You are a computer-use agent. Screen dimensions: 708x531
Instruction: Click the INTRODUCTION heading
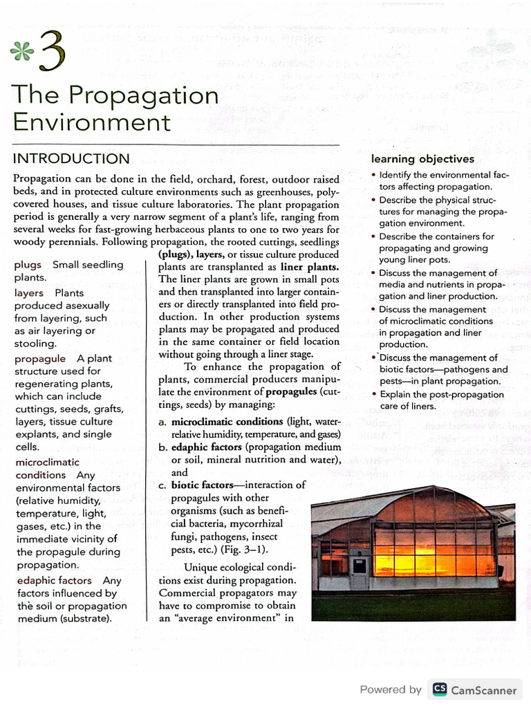tap(71, 158)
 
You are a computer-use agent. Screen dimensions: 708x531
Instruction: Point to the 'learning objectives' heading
tap(422, 159)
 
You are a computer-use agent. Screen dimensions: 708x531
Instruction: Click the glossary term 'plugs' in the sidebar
tap(28, 265)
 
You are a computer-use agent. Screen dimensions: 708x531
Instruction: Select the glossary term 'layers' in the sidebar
tap(28, 292)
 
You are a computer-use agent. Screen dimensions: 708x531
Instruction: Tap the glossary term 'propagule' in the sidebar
tap(40, 359)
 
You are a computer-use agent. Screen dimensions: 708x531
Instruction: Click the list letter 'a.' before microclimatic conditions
tap(163, 422)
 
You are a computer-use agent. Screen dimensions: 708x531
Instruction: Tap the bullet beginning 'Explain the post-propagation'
tap(373, 394)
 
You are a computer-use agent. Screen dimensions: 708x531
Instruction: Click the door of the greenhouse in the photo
tap(359, 565)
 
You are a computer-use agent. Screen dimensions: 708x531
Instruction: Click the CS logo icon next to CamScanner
tap(439, 689)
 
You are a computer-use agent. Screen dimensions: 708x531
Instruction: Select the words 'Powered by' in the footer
tap(391, 689)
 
